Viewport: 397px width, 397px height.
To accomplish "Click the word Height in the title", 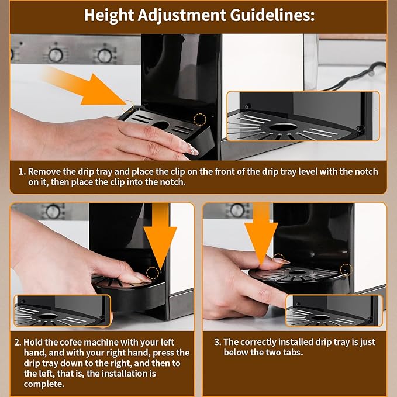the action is coord(109,16).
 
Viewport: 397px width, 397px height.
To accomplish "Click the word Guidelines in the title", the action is coord(272,15).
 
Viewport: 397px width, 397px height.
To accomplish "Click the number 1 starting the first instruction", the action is coord(22,172).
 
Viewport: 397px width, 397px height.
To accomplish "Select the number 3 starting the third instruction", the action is coord(218,342).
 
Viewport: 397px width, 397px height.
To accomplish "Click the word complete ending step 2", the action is coord(44,384).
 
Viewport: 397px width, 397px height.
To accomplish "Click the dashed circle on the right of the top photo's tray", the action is coord(200,119).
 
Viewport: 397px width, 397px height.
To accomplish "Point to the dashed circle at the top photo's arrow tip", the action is coord(127,106).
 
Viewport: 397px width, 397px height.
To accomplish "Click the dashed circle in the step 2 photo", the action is coord(153,273).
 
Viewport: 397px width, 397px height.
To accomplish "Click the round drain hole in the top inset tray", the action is coord(283,127).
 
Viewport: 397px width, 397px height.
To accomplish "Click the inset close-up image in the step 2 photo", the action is coord(63,310).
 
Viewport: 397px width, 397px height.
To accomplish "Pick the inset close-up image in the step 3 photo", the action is coord(334,310).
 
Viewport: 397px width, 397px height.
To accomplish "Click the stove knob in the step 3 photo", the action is coord(237,210).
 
